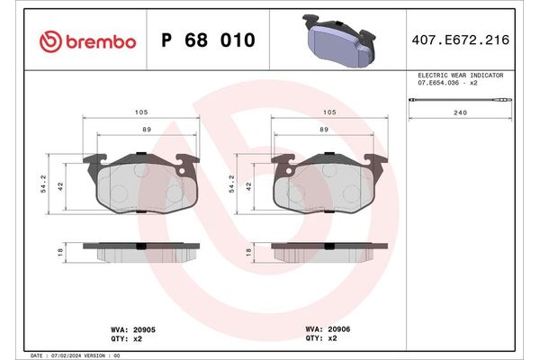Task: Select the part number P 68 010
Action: point(207,40)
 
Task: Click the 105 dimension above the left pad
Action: point(141,113)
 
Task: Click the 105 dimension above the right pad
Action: point(329,113)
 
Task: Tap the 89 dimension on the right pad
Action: point(322,130)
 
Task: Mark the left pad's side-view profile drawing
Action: point(141,249)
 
